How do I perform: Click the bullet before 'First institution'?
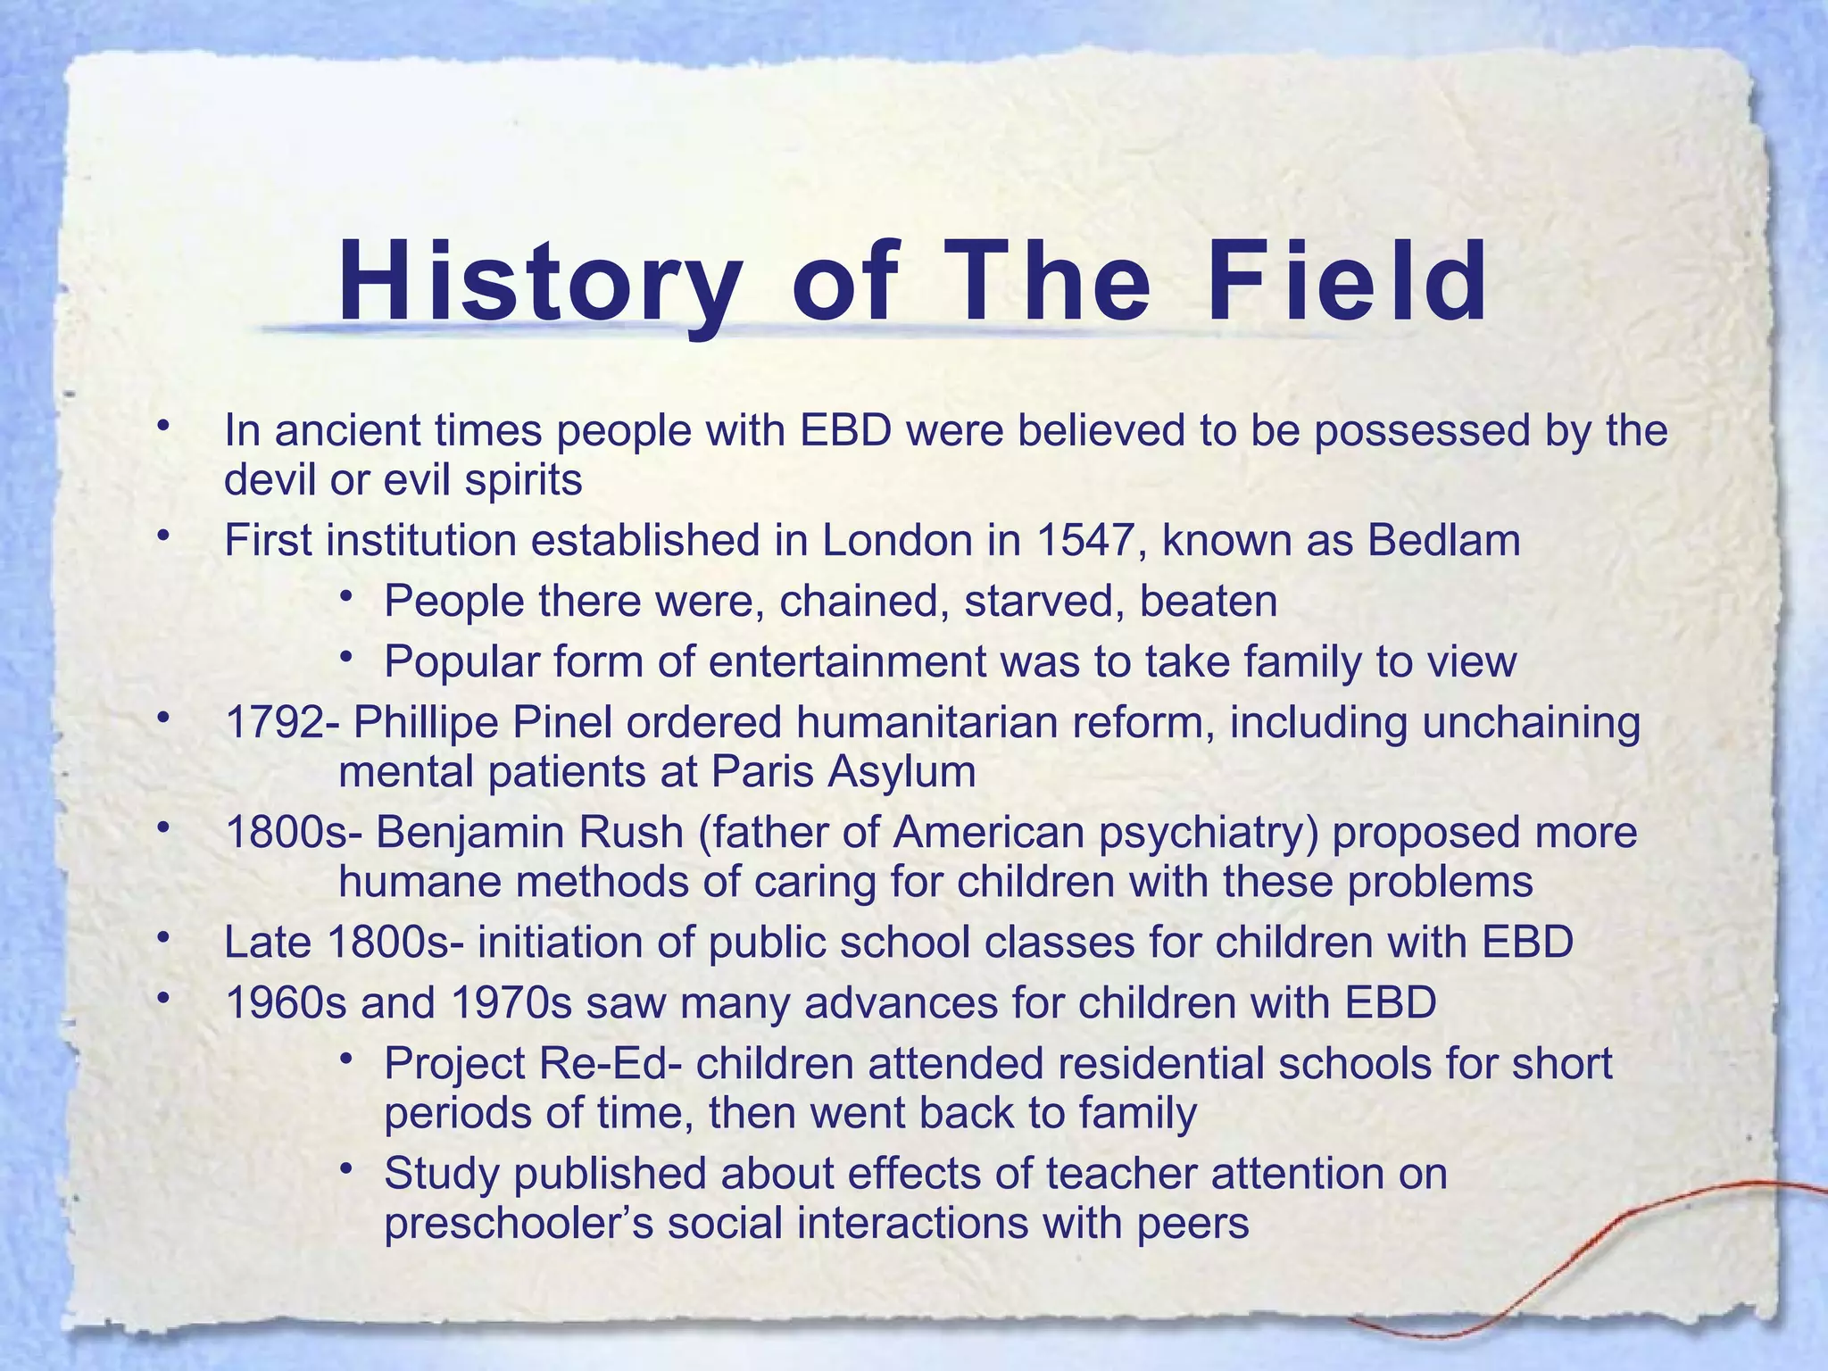click(162, 536)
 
